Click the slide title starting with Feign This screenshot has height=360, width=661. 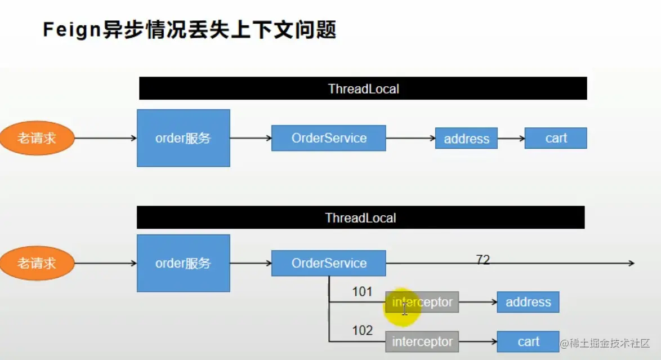click(x=189, y=30)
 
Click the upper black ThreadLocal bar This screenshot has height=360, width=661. click(x=363, y=88)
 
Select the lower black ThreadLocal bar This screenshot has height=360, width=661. click(x=360, y=217)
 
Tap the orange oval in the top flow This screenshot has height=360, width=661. click(x=37, y=138)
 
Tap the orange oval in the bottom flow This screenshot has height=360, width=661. click(x=37, y=263)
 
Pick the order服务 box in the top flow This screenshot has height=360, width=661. click(x=183, y=138)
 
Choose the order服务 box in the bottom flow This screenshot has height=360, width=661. click(x=183, y=263)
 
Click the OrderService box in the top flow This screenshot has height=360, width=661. click(x=328, y=138)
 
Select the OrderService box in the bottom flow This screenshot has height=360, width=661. click(x=328, y=263)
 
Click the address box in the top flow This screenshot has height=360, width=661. click(x=466, y=139)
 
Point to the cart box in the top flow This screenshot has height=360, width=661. click(x=556, y=138)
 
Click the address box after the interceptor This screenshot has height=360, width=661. click(x=528, y=302)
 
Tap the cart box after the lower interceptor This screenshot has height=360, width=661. click(x=528, y=341)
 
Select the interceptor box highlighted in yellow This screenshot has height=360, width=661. click(x=422, y=302)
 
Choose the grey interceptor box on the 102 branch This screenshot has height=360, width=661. click(x=422, y=341)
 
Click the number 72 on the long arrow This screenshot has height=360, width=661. click(x=483, y=260)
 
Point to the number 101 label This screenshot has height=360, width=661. click(x=362, y=292)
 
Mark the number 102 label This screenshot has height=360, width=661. click(x=362, y=331)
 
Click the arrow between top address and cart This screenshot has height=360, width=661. click(x=511, y=138)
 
